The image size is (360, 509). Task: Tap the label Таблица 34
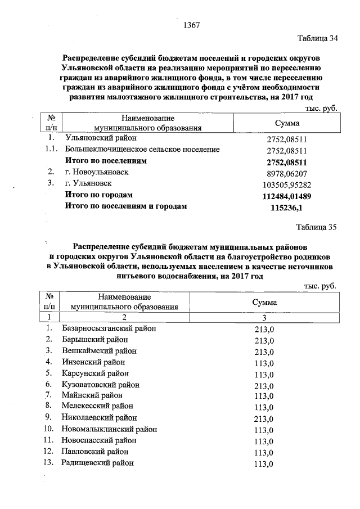tap(317, 39)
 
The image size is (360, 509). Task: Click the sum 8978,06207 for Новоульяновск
tap(287, 173)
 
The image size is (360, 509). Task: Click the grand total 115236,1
tap(287, 208)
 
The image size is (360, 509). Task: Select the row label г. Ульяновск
tap(88, 183)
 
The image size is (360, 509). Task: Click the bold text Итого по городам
tap(99, 195)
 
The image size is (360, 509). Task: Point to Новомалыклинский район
tap(110, 429)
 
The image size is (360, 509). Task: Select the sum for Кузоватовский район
tap(264, 385)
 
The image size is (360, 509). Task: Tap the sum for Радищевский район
tap(264, 464)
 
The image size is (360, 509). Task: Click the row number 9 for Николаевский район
tap(49, 418)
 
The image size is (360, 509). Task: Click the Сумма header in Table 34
tap(287, 123)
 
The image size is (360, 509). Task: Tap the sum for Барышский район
tap(264, 340)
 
